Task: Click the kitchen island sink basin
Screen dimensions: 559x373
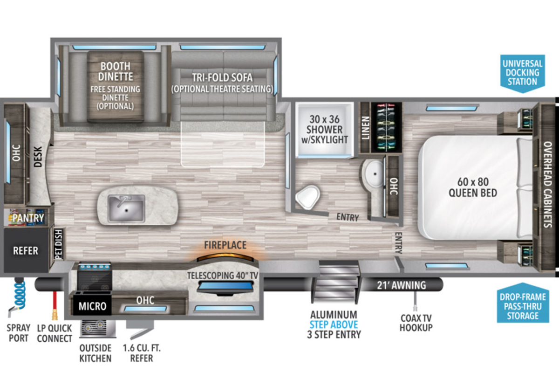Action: click(126, 208)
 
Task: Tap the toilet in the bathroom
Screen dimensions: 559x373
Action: click(308, 197)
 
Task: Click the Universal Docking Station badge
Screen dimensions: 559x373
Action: click(523, 73)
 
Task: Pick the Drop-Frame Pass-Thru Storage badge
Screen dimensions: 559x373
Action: click(523, 304)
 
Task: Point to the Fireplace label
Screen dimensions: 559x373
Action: click(225, 245)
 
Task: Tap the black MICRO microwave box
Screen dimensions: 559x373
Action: click(92, 305)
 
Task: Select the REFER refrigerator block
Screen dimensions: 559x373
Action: click(26, 250)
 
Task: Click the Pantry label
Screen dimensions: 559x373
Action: click(28, 218)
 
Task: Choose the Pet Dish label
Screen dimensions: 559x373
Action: click(58, 244)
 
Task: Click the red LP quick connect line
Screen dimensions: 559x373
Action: click(55, 305)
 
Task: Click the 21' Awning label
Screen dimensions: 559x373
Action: click(401, 285)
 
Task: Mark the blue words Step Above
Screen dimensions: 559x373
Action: click(334, 325)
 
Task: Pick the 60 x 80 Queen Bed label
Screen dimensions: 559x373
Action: click(473, 187)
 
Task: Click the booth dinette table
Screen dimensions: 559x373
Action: click(116, 86)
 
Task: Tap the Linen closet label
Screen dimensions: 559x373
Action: click(366, 128)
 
